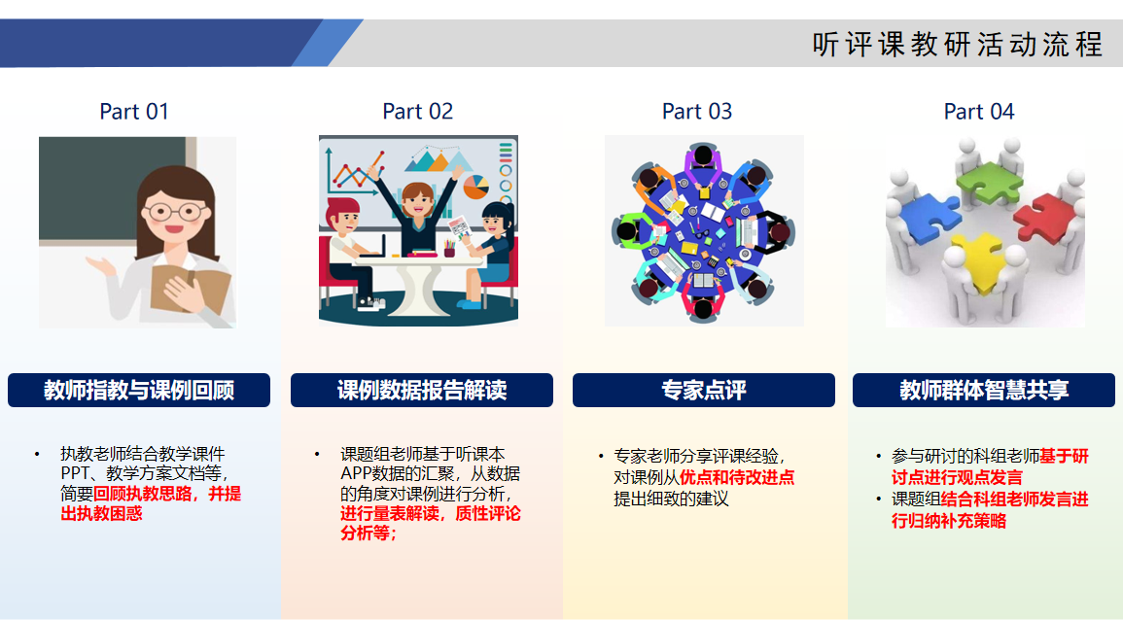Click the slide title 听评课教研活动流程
[958, 45]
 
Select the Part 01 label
[134, 112]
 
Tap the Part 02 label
[417, 112]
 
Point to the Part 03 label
[697, 112]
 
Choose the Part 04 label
[979, 112]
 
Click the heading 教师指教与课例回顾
[139, 391]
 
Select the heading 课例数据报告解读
[422, 391]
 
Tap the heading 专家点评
[703, 391]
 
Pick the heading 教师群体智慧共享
[984, 391]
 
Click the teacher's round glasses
[175, 212]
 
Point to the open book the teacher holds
[190, 289]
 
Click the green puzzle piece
[990, 183]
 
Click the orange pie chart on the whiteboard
[475, 187]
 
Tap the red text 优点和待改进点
[737, 477]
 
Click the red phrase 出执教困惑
[101, 513]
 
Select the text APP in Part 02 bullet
[357, 474]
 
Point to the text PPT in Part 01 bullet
[75, 473]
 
